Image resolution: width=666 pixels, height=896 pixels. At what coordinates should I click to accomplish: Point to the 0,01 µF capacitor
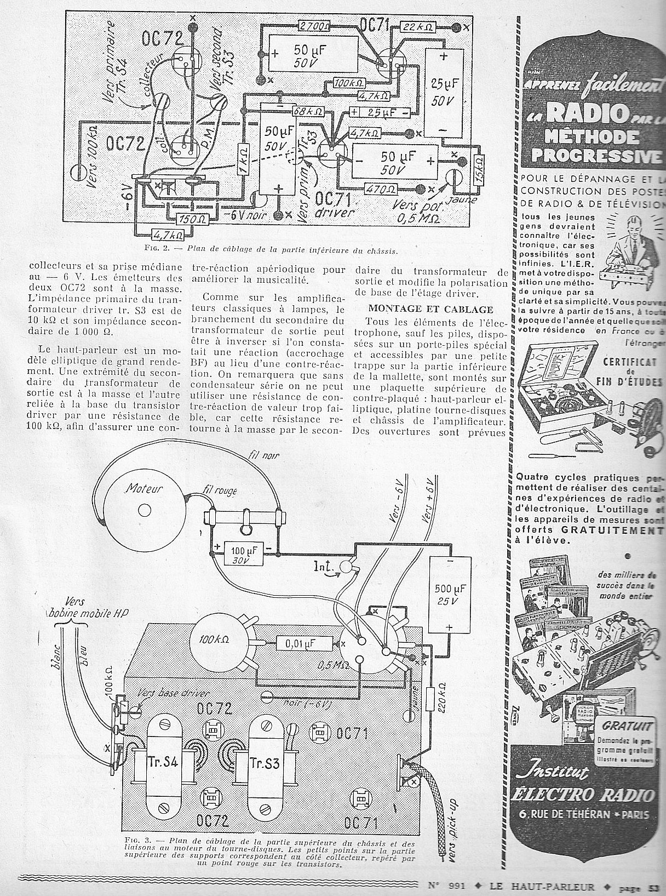coord(305,643)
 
